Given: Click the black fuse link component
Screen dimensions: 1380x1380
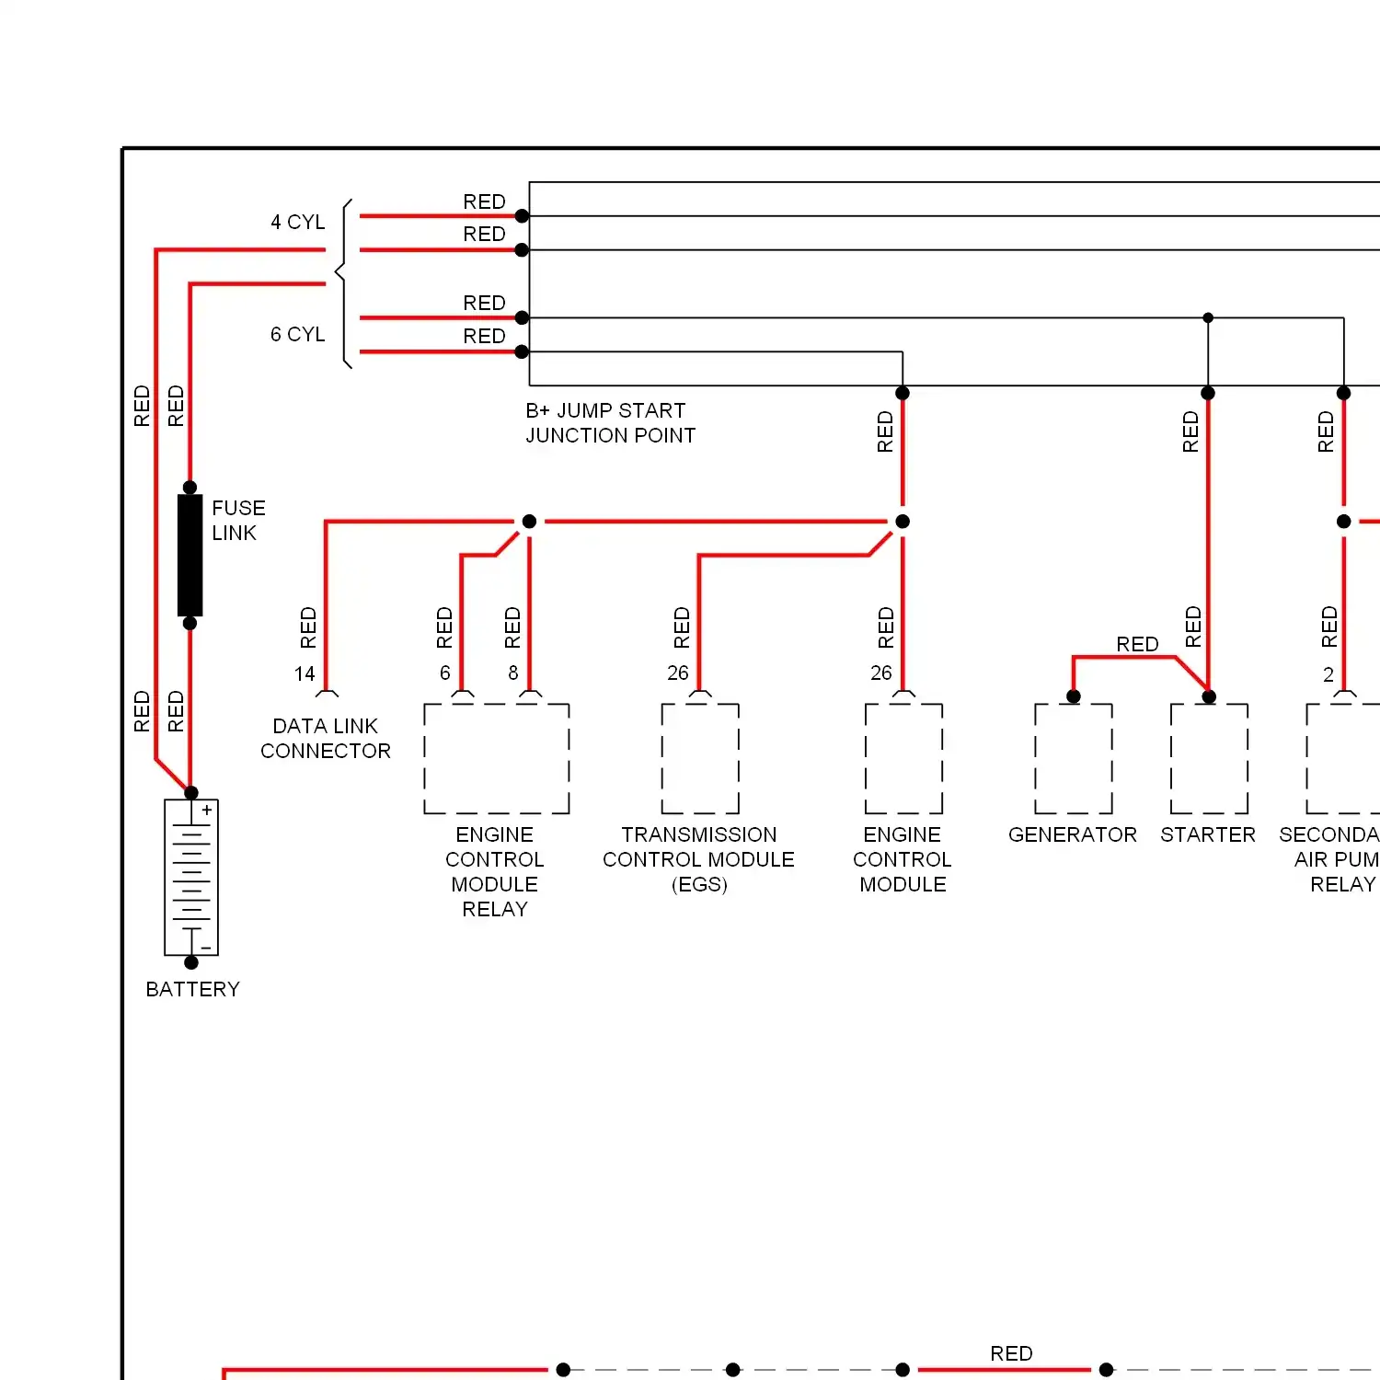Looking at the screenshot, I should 190,555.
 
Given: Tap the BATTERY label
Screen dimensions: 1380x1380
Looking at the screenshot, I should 192,989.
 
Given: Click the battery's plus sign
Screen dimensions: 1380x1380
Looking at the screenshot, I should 207,811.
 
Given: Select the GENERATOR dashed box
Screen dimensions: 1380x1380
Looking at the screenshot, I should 1073,759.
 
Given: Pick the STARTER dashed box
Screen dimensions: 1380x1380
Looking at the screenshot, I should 1209,759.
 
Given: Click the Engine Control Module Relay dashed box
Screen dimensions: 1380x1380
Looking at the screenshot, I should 496,759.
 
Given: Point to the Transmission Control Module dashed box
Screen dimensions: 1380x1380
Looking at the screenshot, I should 700,759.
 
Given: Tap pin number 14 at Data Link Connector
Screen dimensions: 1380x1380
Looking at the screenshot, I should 305,674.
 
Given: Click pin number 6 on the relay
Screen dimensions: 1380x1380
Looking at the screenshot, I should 445,673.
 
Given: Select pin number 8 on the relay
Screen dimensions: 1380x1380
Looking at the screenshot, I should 513,673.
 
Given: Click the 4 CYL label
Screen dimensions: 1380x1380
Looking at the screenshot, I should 297,223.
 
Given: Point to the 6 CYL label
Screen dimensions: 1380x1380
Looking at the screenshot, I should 297,335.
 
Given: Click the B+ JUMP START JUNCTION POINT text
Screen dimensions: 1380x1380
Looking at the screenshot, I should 610,423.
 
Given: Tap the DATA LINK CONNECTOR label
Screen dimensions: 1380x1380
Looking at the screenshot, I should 326,739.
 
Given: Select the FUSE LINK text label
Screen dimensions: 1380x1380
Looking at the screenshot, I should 237,521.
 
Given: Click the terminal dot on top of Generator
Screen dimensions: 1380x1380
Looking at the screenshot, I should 1074,696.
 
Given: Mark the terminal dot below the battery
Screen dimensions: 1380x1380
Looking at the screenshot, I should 191,962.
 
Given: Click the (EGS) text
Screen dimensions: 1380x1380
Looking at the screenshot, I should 699,885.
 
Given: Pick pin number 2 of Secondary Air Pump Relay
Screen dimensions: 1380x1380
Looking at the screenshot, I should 1328,675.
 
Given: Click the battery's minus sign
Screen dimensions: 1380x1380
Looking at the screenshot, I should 207,948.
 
